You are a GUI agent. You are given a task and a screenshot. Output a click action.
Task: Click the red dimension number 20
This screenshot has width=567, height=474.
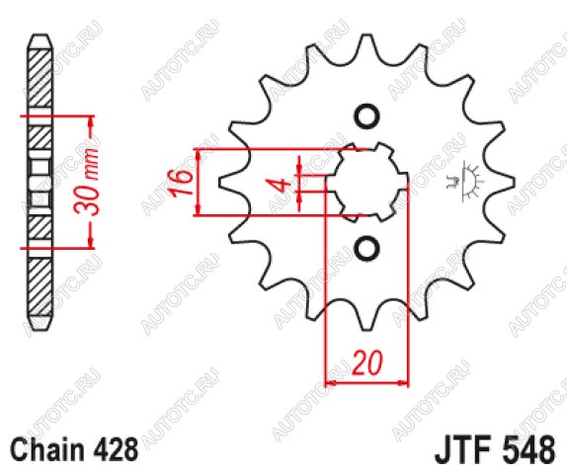[x=367, y=361]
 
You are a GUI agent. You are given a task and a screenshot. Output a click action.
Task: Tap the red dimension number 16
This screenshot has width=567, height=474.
[x=181, y=183]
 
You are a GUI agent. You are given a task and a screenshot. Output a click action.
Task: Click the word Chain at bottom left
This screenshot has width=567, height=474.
[x=47, y=449]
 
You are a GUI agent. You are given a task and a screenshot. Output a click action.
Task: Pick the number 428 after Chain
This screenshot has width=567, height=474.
[x=116, y=449]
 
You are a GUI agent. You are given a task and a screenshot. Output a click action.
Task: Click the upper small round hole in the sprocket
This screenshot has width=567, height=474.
[x=366, y=117]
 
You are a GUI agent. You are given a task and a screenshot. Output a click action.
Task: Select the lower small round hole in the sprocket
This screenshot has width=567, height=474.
[x=366, y=248]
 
